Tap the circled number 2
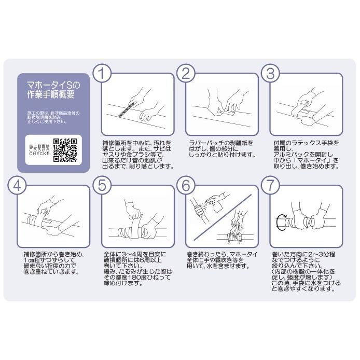click(x=186, y=73)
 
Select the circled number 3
click(x=270, y=73)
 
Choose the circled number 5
click(x=102, y=186)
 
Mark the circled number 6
click(x=186, y=186)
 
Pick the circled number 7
click(x=270, y=186)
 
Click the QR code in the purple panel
click(x=65, y=150)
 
